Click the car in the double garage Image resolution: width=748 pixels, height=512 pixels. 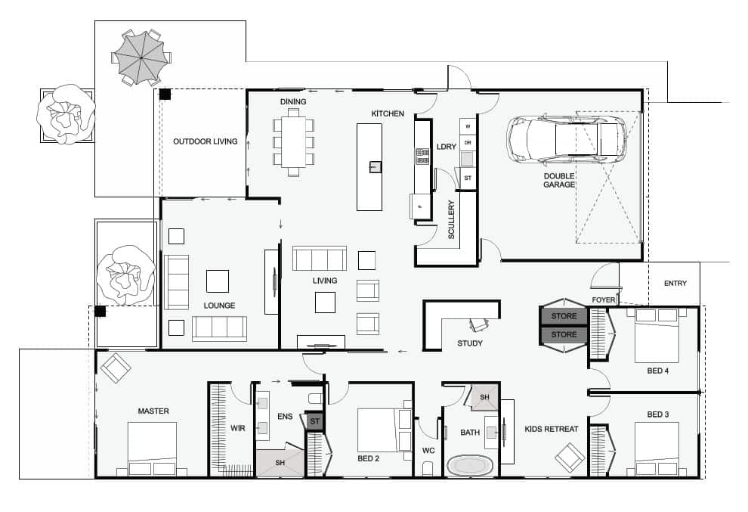click(x=566, y=139)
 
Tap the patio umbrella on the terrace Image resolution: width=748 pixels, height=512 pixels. click(x=142, y=57)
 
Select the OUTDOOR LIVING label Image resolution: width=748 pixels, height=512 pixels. click(x=205, y=141)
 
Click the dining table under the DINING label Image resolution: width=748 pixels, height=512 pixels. click(x=293, y=142)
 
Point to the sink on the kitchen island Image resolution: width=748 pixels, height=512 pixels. click(x=375, y=166)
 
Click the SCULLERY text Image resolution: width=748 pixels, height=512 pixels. click(x=451, y=219)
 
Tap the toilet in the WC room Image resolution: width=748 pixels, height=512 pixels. click(x=428, y=468)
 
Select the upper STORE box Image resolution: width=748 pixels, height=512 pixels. click(x=564, y=316)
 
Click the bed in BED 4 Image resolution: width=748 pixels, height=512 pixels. click(x=657, y=335)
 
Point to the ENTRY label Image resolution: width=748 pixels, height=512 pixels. click(x=675, y=283)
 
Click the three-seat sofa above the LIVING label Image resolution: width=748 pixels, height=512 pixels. click(x=319, y=259)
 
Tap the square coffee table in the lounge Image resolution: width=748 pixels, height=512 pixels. click(x=218, y=281)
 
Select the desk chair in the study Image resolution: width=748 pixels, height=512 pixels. click(x=479, y=324)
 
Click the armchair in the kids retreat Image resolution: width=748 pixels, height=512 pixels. click(x=570, y=458)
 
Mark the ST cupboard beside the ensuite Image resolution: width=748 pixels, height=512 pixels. click(x=315, y=421)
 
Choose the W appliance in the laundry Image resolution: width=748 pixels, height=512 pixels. click(x=468, y=126)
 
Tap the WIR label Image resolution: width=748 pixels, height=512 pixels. click(x=237, y=428)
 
